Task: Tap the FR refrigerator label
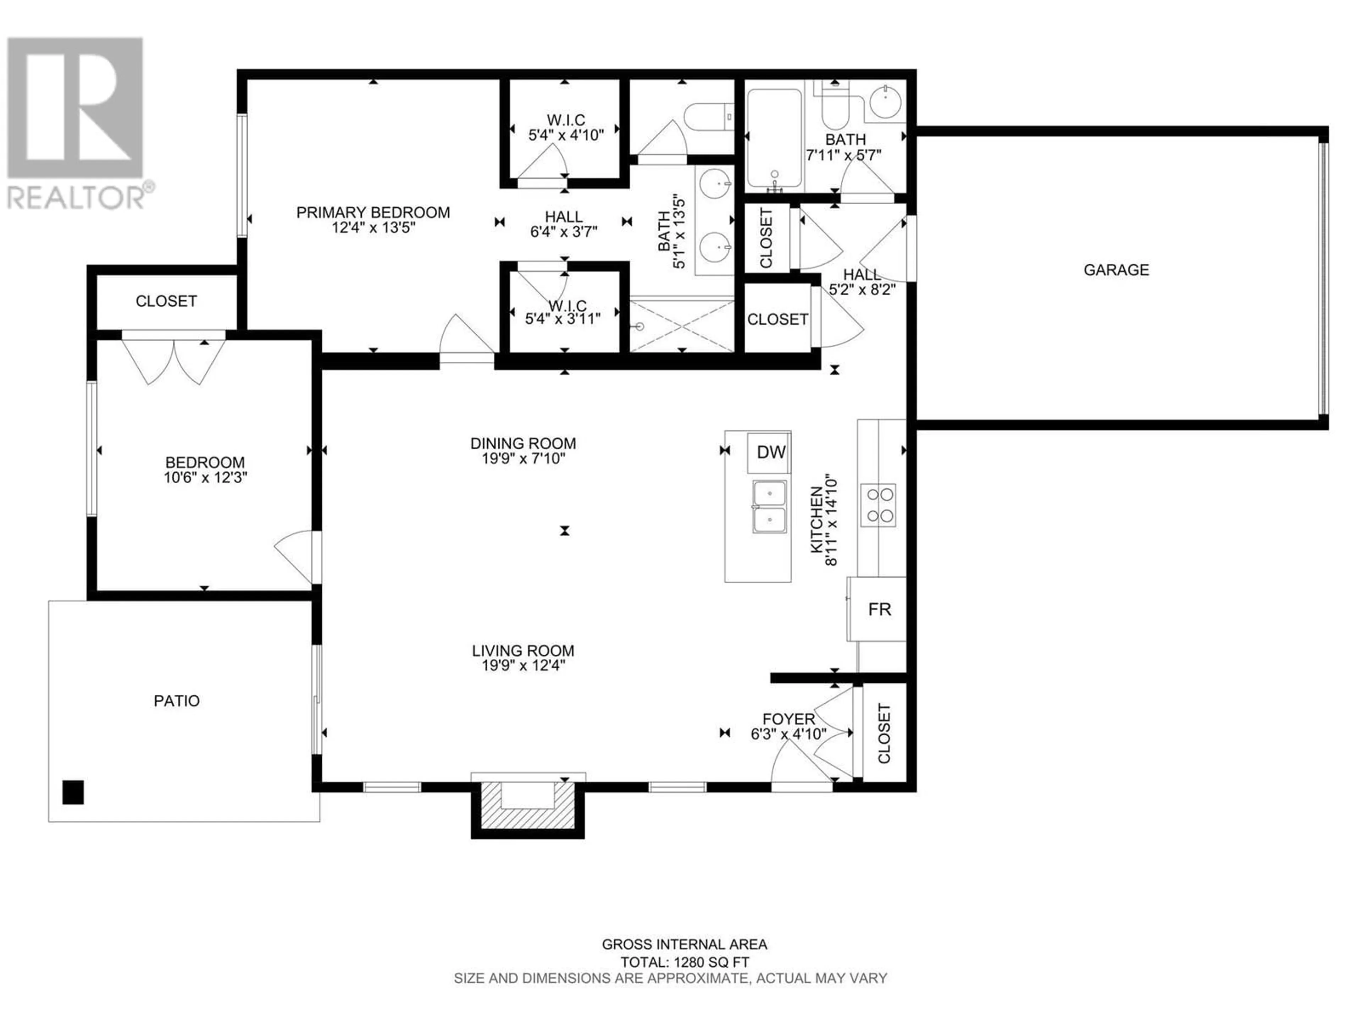pos(879,609)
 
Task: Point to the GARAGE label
pos(1116,270)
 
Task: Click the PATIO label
pos(177,701)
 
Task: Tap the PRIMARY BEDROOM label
pos(373,213)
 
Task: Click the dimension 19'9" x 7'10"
pos(524,458)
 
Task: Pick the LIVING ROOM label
pos(524,650)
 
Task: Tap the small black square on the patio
pos(73,792)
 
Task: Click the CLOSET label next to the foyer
pos(884,734)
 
